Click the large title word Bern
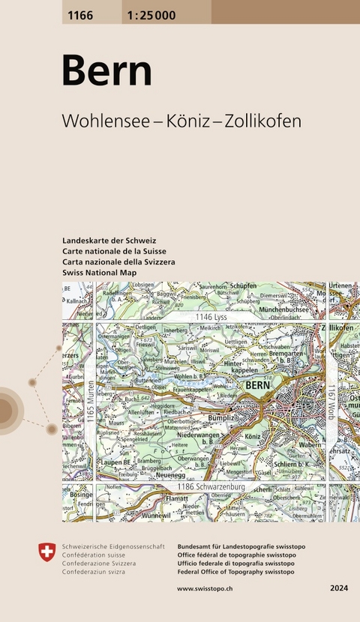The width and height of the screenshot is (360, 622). pyautogui.click(x=106, y=71)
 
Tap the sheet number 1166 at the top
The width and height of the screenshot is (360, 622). pyautogui.click(x=77, y=11)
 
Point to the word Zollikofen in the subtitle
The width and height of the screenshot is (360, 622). pyautogui.click(x=262, y=121)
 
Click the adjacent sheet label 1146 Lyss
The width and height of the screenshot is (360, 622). pyautogui.click(x=211, y=318)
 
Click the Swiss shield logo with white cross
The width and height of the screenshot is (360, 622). pyautogui.click(x=46, y=552)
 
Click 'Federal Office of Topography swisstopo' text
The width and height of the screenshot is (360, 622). pyautogui.click(x=235, y=572)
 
